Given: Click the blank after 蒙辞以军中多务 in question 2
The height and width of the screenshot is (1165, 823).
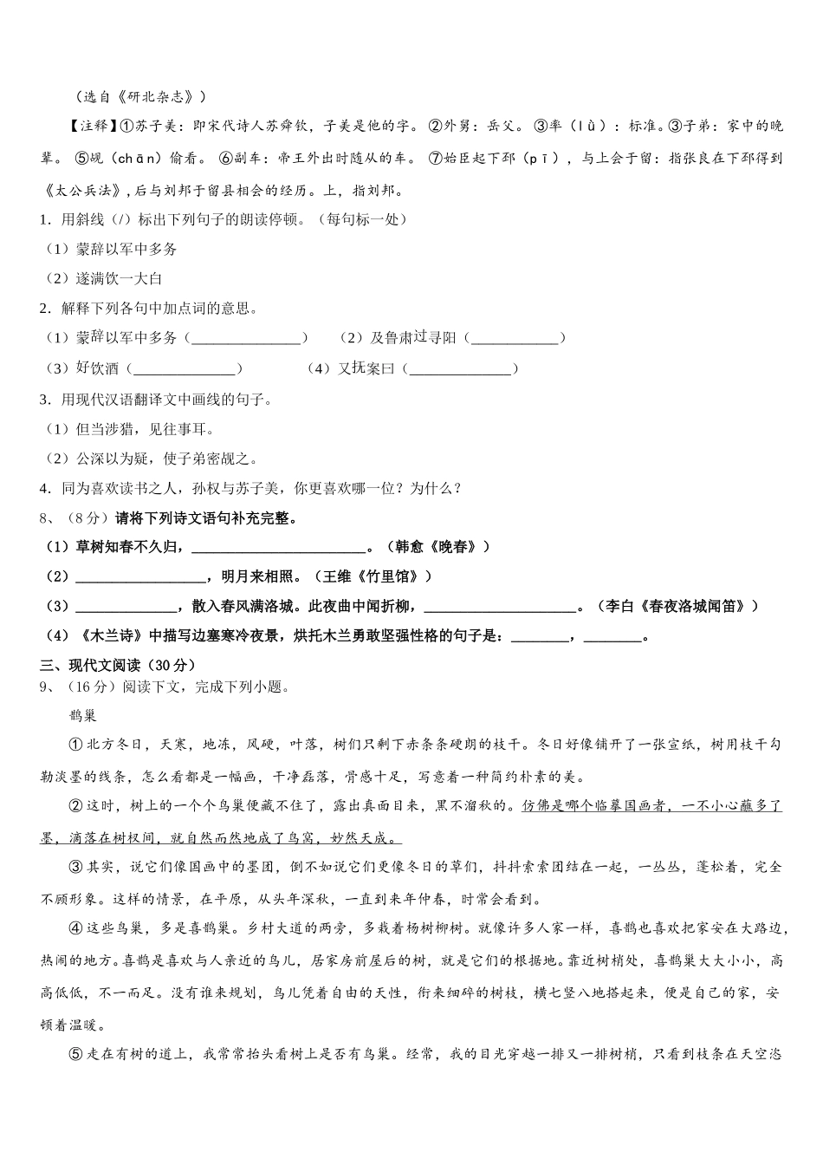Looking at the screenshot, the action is tap(246, 338).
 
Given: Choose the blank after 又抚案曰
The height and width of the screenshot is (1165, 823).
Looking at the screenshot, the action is tap(460, 369).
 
